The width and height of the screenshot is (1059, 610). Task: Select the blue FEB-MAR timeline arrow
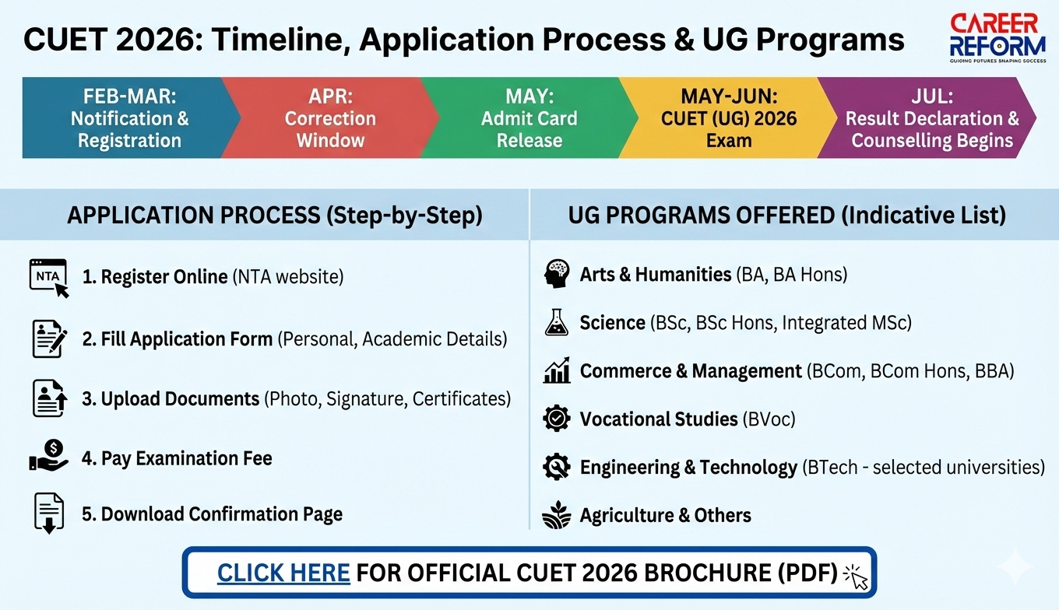(x=130, y=117)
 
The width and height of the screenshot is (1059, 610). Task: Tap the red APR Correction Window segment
(x=330, y=117)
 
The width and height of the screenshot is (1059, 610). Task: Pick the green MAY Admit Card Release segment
(x=529, y=117)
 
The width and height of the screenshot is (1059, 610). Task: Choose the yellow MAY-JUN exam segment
(x=729, y=117)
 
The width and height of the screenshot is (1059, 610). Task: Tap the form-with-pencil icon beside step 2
(x=49, y=338)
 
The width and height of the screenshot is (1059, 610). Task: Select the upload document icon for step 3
(x=50, y=398)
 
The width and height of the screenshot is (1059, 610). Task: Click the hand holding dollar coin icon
(x=49, y=456)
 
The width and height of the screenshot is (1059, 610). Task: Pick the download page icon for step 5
(x=49, y=514)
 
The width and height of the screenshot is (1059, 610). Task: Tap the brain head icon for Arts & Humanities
(x=557, y=274)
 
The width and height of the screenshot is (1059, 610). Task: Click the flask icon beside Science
(x=557, y=322)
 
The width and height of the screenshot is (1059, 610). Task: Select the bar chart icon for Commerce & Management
(x=557, y=370)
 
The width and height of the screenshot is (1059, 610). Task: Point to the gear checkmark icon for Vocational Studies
(x=557, y=418)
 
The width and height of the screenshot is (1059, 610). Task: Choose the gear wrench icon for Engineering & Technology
(x=557, y=467)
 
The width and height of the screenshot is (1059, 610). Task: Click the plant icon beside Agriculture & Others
(x=557, y=514)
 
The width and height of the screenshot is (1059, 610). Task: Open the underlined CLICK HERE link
(x=283, y=573)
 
